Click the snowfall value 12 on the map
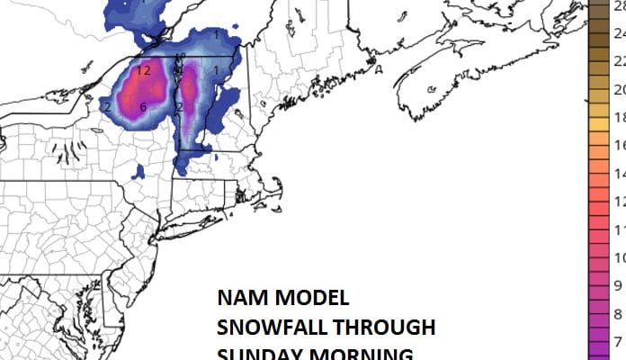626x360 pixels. click(144, 70)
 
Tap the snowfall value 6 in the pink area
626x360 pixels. click(143, 108)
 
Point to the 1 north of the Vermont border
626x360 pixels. click(217, 34)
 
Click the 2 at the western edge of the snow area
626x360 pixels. click(107, 107)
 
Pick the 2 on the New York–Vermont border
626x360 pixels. click(179, 107)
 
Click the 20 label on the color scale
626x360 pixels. click(619, 90)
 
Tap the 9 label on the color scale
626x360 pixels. click(619, 286)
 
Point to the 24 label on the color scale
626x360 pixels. click(619, 33)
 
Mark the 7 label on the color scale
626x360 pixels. click(619, 342)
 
